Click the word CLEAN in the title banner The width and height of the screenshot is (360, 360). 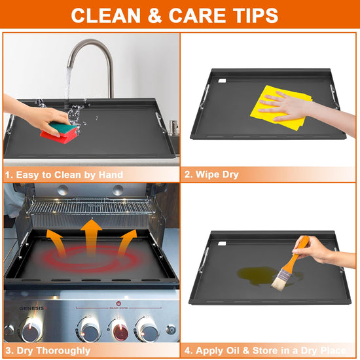(105, 16)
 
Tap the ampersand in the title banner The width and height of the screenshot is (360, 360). (154, 16)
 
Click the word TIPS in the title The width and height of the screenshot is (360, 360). (255, 16)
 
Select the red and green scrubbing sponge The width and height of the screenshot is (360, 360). (59, 132)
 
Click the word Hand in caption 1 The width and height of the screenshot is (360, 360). (111, 175)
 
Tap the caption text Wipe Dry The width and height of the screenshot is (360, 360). (211, 175)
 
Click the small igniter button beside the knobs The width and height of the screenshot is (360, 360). (171, 330)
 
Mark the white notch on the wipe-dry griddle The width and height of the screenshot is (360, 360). (223, 81)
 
